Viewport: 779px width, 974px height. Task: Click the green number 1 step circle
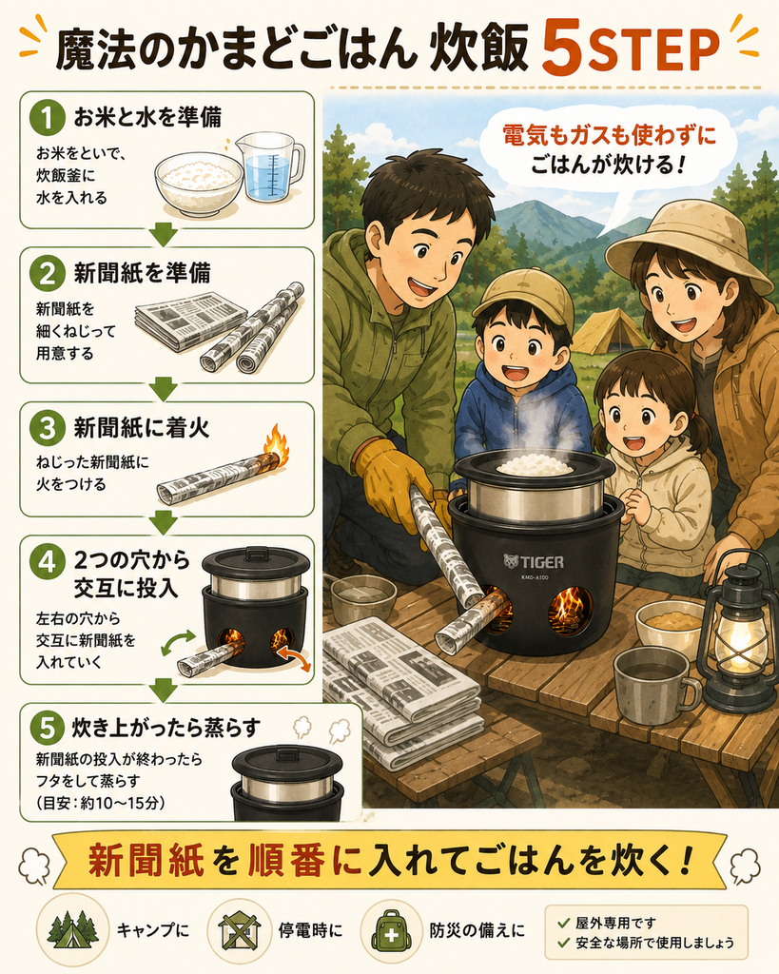pyautogui.click(x=48, y=117)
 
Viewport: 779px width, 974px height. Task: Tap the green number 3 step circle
pyautogui.click(x=48, y=428)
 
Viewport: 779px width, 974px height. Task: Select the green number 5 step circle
pyautogui.click(x=48, y=728)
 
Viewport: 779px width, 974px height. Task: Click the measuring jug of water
pyautogui.click(x=269, y=166)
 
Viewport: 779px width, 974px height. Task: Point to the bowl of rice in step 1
pyautogui.click(x=198, y=184)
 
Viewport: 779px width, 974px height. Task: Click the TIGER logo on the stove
pyautogui.click(x=534, y=562)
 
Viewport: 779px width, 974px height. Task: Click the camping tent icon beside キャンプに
pyautogui.click(x=72, y=930)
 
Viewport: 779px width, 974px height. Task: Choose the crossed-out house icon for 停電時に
pyautogui.click(x=239, y=930)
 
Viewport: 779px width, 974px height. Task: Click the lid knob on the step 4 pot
pyautogui.click(x=256, y=551)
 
